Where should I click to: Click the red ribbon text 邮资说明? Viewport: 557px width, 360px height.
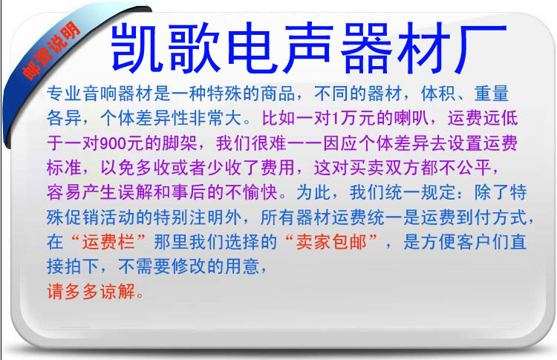(x=51, y=50)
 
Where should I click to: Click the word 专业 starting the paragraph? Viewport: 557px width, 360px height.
(x=65, y=94)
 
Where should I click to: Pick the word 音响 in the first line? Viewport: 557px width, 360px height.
(x=100, y=94)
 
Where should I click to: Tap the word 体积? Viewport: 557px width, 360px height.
(x=438, y=94)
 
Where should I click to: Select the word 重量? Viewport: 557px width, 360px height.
(x=492, y=94)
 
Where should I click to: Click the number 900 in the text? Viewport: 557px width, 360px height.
(x=113, y=143)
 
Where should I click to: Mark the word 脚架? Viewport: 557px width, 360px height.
(x=180, y=143)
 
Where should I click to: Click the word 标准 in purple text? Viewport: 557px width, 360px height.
(x=65, y=168)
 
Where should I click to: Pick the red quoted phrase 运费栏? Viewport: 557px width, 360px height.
(x=108, y=242)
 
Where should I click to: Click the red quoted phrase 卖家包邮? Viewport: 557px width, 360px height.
(x=331, y=242)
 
